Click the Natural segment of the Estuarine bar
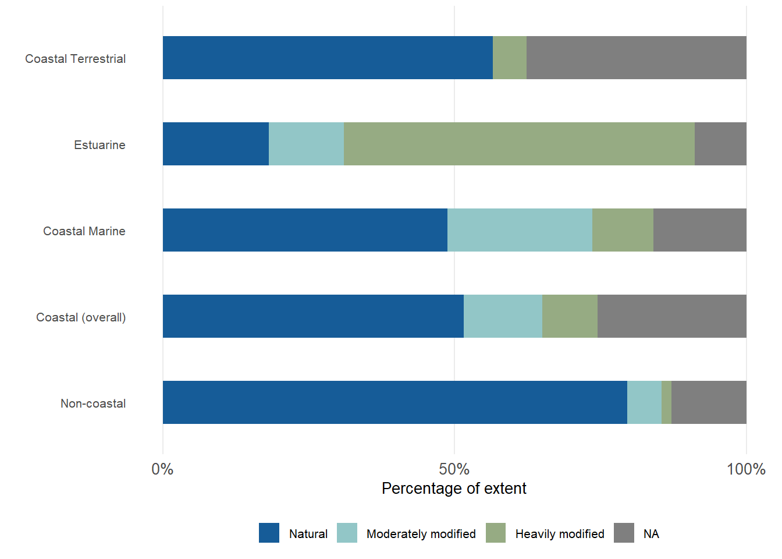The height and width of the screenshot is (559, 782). pos(216,144)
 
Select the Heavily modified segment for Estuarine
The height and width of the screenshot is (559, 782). pos(519,144)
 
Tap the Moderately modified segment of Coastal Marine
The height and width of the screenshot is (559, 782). pos(520,230)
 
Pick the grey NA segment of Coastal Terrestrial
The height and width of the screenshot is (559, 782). pos(637,58)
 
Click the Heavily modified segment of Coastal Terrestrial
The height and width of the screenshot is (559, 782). pos(510,58)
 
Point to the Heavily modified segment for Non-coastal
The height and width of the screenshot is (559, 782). pos(666,402)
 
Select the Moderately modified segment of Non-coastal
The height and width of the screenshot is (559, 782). pos(644,402)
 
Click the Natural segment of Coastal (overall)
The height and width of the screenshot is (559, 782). pos(313,316)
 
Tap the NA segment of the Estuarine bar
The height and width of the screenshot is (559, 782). pos(720,144)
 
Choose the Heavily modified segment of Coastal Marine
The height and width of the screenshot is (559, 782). pos(623,230)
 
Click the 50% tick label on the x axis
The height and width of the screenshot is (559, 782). pos(454,469)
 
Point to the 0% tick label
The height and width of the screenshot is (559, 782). pos(162,469)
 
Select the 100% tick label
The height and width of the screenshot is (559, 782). pos(746,469)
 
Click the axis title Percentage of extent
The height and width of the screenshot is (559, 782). pos(454,489)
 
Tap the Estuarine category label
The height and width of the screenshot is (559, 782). pos(99,145)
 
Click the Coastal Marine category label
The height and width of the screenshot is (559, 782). pos(84,231)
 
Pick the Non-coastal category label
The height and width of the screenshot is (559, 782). pos(93,404)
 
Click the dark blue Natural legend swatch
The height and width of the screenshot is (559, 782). pos(269,533)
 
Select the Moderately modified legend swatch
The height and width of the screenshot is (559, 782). pos(347,533)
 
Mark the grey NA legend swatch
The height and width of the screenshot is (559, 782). pos(624,533)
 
